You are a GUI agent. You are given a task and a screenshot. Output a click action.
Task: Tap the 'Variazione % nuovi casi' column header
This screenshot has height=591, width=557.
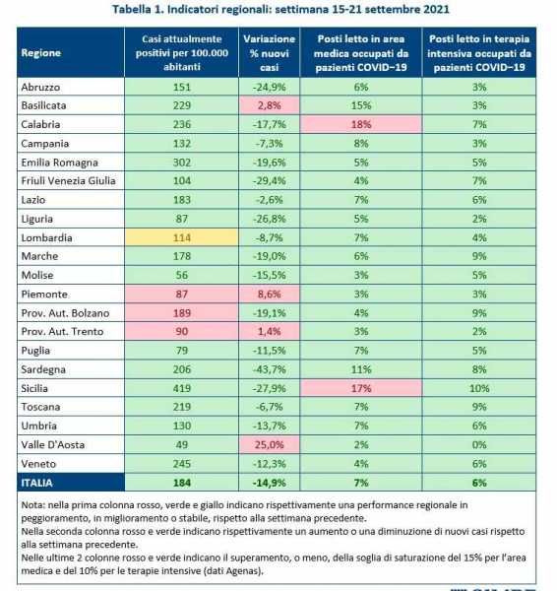(x=270, y=52)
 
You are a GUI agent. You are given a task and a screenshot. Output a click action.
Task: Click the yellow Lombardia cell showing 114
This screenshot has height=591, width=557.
(x=181, y=237)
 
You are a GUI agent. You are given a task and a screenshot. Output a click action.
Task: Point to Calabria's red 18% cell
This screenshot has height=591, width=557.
(x=361, y=124)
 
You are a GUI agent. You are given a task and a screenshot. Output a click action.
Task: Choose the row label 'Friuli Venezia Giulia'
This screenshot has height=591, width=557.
(x=68, y=181)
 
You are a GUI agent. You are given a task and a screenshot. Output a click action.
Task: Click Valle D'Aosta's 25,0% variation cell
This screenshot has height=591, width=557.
(x=270, y=445)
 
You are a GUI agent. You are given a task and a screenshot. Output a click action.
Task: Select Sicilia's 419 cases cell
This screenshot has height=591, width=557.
(x=181, y=388)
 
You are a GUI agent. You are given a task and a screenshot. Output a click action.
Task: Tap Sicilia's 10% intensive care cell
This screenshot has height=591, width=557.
(x=479, y=388)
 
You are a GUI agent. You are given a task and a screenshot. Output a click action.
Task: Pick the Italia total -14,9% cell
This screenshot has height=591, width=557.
(x=270, y=483)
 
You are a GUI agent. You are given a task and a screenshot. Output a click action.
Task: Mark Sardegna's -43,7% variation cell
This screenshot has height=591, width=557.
(x=270, y=369)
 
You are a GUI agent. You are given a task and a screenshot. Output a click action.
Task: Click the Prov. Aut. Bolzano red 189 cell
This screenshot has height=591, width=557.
(x=181, y=313)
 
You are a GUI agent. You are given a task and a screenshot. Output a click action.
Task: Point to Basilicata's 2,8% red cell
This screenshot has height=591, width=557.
(x=270, y=105)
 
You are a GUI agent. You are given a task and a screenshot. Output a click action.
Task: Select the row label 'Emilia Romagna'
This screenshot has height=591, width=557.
(x=59, y=163)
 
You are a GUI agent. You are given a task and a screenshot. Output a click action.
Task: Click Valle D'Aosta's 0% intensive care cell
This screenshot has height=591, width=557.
(x=479, y=445)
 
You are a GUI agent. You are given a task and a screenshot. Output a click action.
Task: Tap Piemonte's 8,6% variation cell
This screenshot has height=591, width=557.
(x=270, y=294)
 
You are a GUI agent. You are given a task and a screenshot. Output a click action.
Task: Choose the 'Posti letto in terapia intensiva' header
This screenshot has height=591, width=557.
(x=479, y=52)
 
